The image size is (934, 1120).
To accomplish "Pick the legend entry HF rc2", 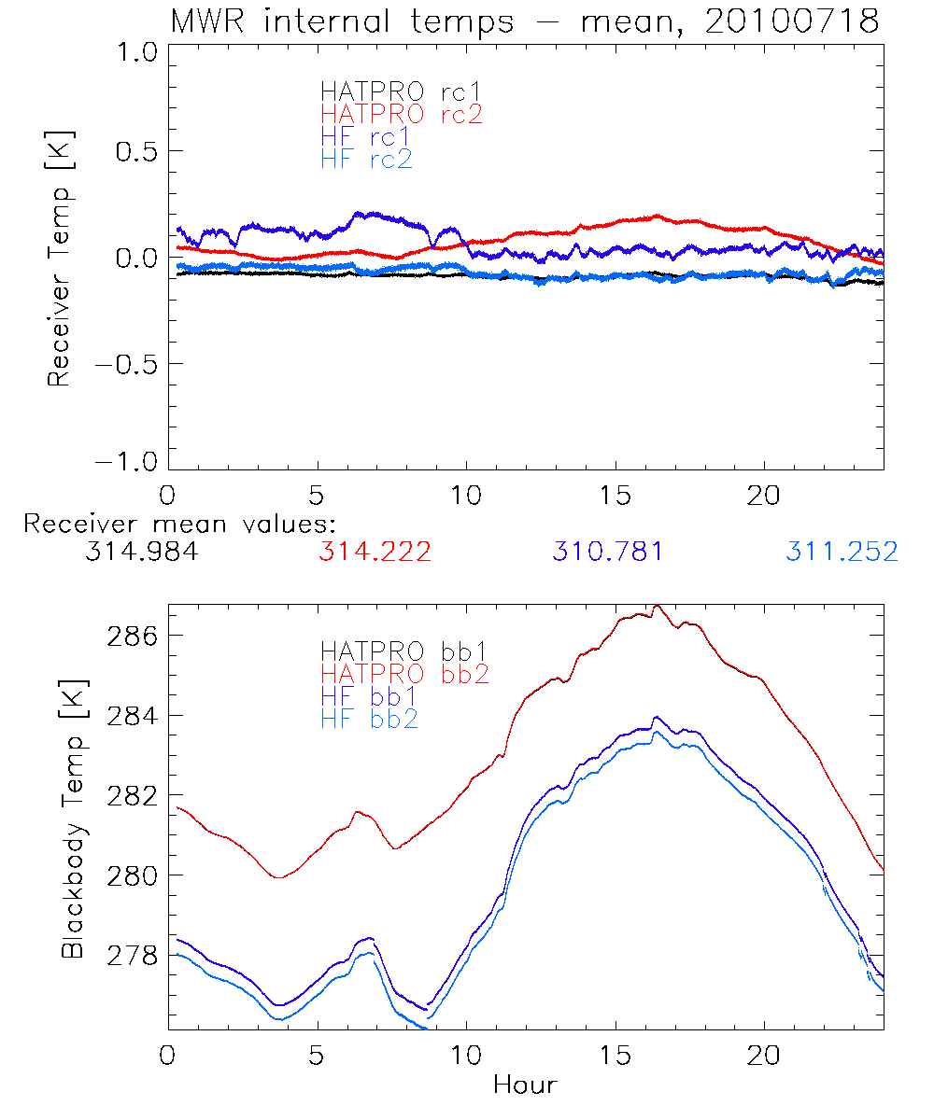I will pyautogui.click(x=366, y=160).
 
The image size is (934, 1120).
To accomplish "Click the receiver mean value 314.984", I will pyautogui.click(x=141, y=552).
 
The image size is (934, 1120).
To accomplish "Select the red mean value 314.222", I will pyautogui.click(x=375, y=552).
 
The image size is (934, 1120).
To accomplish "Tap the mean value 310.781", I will pyautogui.click(x=608, y=552).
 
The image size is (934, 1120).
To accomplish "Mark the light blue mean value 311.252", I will pyautogui.click(x=842, y=552).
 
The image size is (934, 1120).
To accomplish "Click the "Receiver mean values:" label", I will pyautogui.click(x=179, y=524).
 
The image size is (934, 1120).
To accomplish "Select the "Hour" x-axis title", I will pyautogui.click(x=525, y=1085).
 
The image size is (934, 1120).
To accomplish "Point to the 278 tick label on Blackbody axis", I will pyautogui.click(x=131, y=956).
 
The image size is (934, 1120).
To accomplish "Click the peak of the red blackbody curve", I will pyautogui.click(x=658, y=606).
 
